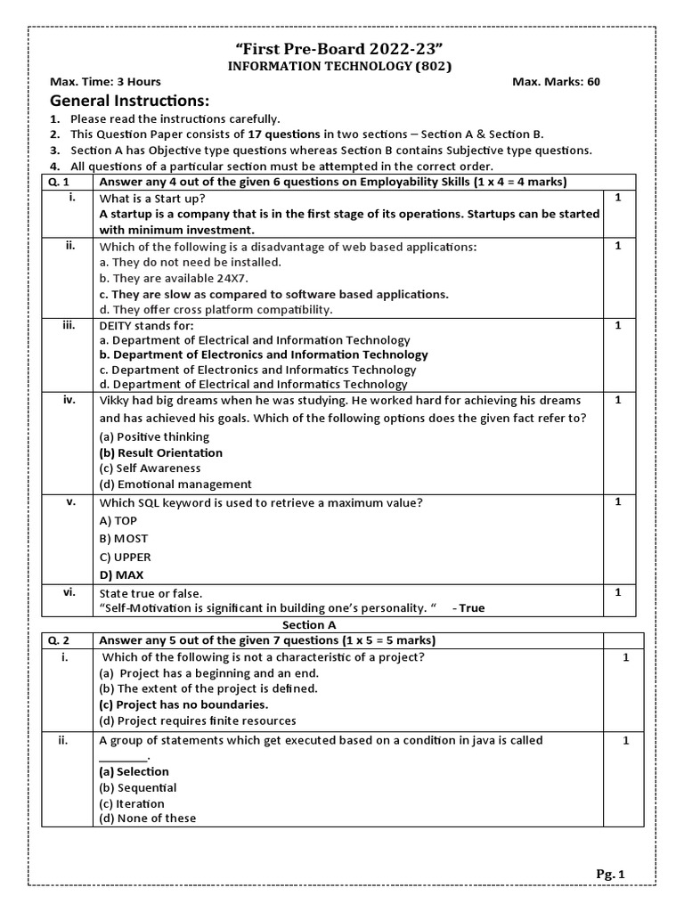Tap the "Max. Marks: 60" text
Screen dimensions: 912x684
point(556,82)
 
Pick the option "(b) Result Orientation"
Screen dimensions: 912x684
point(160,452)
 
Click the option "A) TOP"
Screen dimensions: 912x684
point(118,521)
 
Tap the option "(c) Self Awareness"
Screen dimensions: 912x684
point(150,468)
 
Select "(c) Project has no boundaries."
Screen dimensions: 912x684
point(183,704)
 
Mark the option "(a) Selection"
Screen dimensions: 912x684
point(134,772)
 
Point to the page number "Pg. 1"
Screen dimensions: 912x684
point(611,875)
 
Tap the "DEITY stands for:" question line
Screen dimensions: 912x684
point(146,326)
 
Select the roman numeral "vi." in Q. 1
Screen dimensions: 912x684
point(69,591)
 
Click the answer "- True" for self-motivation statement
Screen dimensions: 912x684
point(468,608)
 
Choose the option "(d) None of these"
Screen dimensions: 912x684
point(147,818)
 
